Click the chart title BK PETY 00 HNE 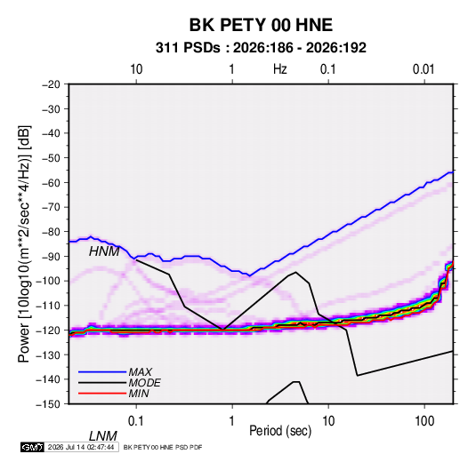[261, 25]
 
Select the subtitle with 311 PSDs [261, 48]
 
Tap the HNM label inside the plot [104, 251]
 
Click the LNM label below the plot [103, 436]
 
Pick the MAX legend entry [141, 372]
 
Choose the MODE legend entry [144, 383]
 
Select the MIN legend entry [139, 394]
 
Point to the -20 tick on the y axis [51, 84]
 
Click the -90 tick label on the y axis [51, 256]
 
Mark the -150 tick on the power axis [48, 404]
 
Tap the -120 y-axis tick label [48, 331]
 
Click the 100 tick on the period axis [424, 421]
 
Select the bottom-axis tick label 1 [232, 421]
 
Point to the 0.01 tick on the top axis [424, 69]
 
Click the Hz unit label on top [280, 69]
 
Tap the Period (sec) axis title [280, 431]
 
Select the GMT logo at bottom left [32, 447]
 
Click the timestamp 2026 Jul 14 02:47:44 [81, 447]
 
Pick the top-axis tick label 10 [136, 69]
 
